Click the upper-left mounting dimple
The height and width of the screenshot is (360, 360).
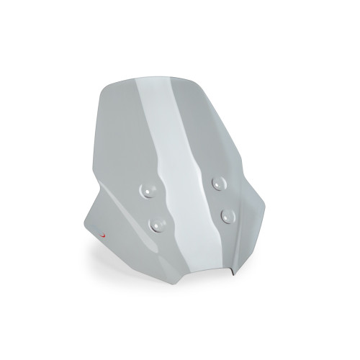[145, 189]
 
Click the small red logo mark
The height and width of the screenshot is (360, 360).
[103, 235]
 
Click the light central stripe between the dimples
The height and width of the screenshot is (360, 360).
[187, 202]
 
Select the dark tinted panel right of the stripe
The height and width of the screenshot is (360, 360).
[216, 130]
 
